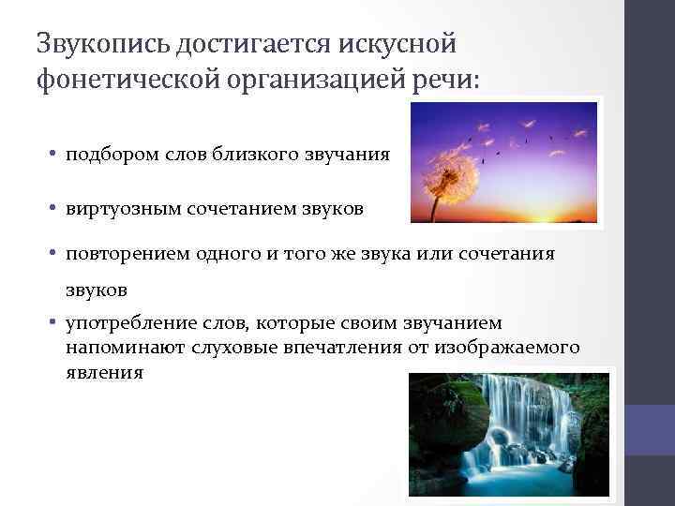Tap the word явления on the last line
pyautogui.click(x=104, y=371)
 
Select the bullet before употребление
pyautogui.click(x=55, y=324)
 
